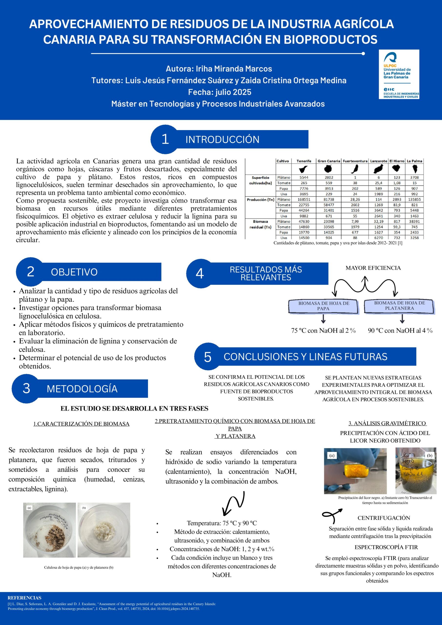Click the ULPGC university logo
[399, 74]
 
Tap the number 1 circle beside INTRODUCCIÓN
[165, 139]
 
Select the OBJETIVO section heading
[74, 272]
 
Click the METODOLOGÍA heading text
[82, 388]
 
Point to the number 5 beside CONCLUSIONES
[208, 357]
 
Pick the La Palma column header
[414, 161]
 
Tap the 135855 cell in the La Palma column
[414, 199]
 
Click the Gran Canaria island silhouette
[329, 169]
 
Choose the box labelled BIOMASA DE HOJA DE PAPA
[323, 306]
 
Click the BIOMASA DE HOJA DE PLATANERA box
[399, 305]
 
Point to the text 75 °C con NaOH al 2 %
[323, 331]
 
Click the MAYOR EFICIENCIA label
[373, 268]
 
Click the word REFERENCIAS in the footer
[24, 598]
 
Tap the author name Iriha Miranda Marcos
[234, 69]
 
